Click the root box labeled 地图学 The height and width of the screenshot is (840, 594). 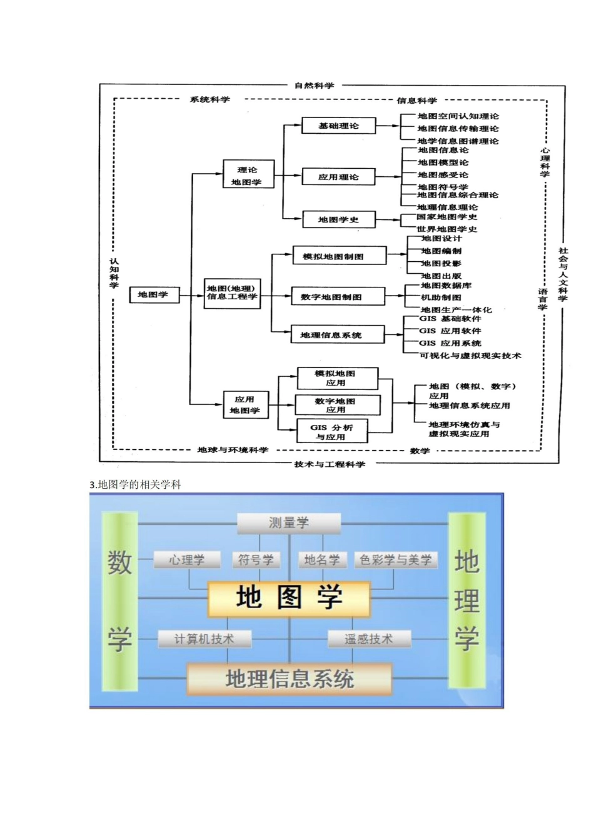click(x=154, y=295)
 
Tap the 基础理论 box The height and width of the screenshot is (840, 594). click(x=338, y=126)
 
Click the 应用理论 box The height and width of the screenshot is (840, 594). click(x=338, y=177)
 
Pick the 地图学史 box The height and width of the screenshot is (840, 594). click(x=338, y=219)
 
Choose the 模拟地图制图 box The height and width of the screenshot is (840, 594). click(x=333, y=256)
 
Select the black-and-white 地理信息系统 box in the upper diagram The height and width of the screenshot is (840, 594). click(x=331, y=335)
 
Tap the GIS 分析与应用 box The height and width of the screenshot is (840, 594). click(x=331, y=432)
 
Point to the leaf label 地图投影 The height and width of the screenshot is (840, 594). click(x=441, y=264)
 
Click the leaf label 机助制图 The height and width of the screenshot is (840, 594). click(x=441, y=297)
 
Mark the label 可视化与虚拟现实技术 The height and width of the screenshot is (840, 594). click(x=470, y=356)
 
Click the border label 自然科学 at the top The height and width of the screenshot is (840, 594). click(x=314, y=86)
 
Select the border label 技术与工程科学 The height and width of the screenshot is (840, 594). click(x=330, y=464)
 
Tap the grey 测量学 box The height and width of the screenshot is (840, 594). click(x=289, y=523)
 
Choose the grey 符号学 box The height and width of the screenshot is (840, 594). click(x=256, y=560)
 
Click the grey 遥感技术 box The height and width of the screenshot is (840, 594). click(x=369, y=639)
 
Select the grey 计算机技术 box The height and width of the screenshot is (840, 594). click(x=204, y=639)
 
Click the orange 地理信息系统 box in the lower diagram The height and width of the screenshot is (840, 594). click(x=289, y=679)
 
